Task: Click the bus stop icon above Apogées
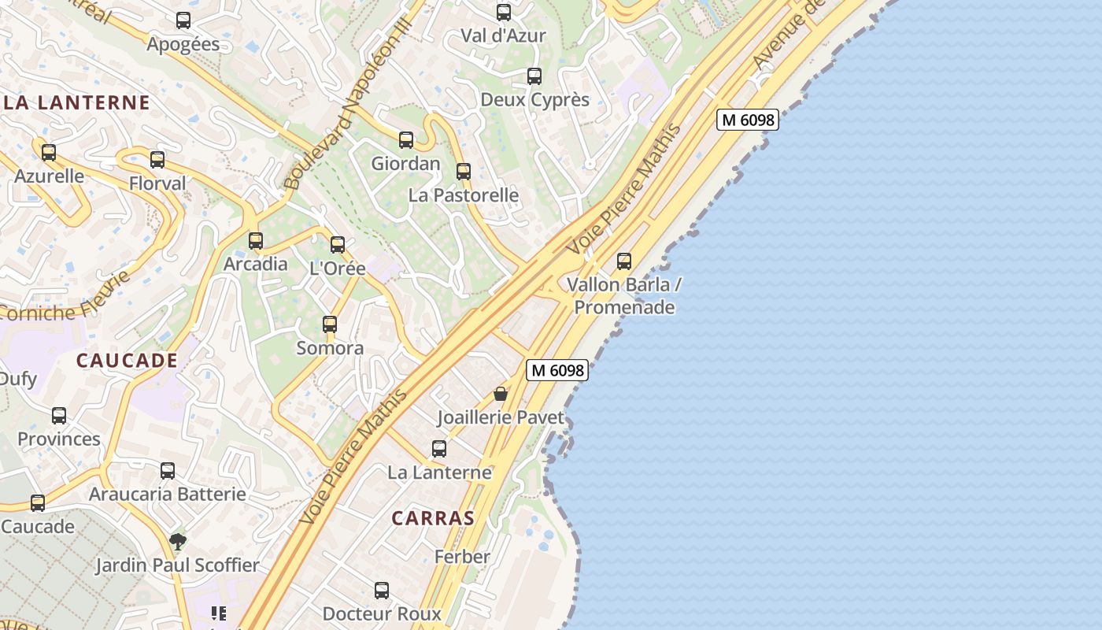click(x=183, y=20)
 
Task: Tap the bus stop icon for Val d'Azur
click(x=504, y=13)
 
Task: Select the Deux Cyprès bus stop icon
click(x=534, y=76)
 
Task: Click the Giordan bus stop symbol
click(x=406, y=140)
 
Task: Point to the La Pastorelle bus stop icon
click(x=464, y=172)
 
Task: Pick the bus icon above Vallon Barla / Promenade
click(x=624, y=261)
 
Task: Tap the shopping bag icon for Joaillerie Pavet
click(x=501, y=394)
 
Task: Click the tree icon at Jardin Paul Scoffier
click(x=178, y=542)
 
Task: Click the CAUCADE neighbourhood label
click(x=127, y=361)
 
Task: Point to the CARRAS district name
click(x=433, y=518)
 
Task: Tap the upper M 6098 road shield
click(x=748, y=120)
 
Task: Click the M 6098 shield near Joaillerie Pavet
click(x=557, y=370)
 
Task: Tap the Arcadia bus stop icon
click(x=256, y=241)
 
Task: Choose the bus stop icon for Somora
click(x=330, y=324)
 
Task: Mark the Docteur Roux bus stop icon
click(x=382, y=591)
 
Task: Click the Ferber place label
click(x=462, y=557)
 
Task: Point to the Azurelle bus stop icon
click(x=49, y=152)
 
